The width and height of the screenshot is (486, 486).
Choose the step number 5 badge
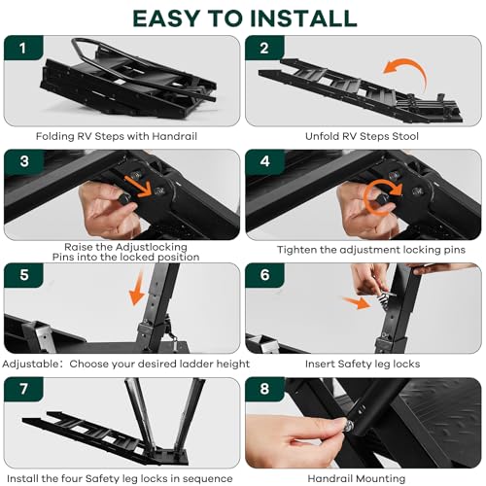tap(25, 276)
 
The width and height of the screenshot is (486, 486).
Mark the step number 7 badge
tap(25, 390)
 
